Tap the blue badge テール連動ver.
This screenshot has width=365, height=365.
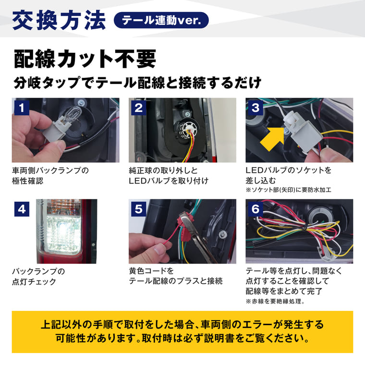pos(161,21)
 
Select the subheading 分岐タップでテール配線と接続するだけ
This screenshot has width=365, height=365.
pos(137,83)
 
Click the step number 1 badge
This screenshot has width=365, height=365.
pos(21,107)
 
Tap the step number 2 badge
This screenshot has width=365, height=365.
pos(138,107)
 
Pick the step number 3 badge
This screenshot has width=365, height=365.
pos(255,107)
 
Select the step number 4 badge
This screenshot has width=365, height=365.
pos(21,208)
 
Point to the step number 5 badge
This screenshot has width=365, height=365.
pos(138,208)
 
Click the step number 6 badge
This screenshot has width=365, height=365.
pos(255,208)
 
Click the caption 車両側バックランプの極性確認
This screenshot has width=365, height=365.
pos(50,175)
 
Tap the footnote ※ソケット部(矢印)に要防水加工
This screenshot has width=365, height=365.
pos(288,190)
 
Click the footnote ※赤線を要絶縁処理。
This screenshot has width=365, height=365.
pos(275,302)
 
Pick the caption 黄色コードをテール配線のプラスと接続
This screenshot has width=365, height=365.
pos(175,276)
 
